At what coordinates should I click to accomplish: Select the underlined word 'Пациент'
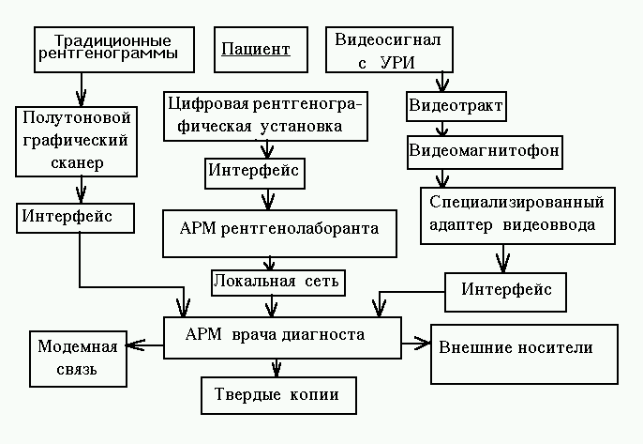pyautogui.click(x=255, y=49)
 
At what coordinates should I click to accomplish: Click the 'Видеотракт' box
pyautogui.click(x=456, y=106)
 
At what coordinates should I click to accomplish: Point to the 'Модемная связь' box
pyautogui.click(x=78, y=358)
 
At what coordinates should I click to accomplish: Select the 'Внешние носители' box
pyautogui.click(x=522, y=353)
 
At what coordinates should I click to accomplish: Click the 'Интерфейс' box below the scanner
pyautogui.click(x=79, y=217)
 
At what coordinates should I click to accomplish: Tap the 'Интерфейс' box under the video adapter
pyautogui.click(x=505, y=290)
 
